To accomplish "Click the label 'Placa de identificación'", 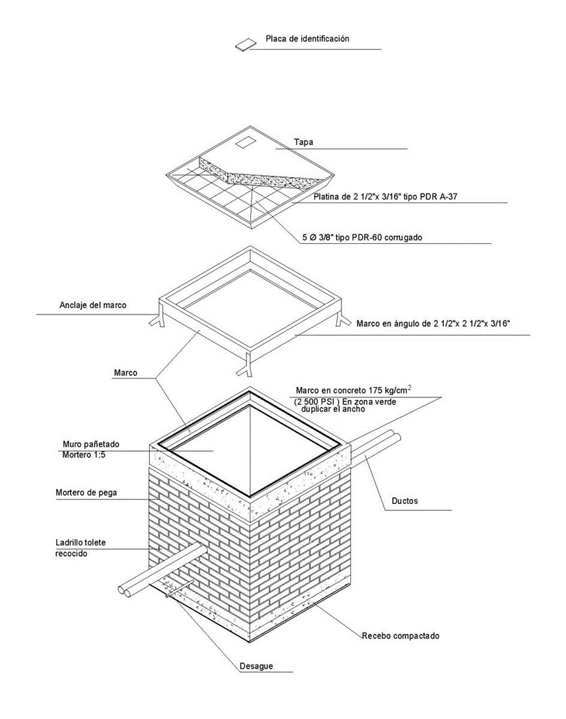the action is pos(307,39).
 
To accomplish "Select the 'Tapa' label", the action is pos(304,142).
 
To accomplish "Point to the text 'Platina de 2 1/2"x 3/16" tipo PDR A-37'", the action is pos(386,197).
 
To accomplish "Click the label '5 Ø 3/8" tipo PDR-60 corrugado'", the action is pos(362,237).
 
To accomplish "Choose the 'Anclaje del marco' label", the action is pos(93,305).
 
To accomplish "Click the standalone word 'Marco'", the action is pos(125,373).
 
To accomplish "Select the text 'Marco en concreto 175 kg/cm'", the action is pos(352,391).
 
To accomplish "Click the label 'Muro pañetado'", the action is pos(91,444).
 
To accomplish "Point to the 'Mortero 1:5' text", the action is pos(84,456).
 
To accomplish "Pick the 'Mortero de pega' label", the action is pos(86,493).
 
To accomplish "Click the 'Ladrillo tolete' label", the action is pos(81,543).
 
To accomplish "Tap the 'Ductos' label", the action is pos(405,501).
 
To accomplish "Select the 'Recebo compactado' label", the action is pos(401,636).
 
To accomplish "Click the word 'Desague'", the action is pos(256,666).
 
